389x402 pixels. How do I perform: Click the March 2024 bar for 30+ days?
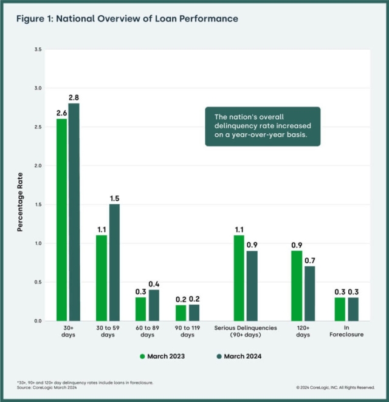coord(74,212)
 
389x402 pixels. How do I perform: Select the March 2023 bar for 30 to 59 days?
coord(102,278)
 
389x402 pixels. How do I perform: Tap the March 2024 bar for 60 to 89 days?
coord(154,305)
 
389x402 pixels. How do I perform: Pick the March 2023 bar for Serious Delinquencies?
coord(239,278)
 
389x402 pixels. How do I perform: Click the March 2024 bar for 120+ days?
coord(310,294)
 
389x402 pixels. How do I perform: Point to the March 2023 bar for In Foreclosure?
coord(340,309)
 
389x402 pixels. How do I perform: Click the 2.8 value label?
coord(74,98)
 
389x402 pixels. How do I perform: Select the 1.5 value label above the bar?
coord(114,198)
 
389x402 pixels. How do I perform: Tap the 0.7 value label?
coord(310,260)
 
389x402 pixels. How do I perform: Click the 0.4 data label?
coord(154,284)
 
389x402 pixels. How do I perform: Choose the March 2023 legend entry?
coord(162,356)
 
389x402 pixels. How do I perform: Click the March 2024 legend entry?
coord(239,356)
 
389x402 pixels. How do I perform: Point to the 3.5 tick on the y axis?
coord(38,49)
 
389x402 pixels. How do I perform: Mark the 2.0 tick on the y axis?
coord(38,165)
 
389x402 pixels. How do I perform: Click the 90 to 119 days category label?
coord(187,331)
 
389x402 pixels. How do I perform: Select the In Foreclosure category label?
coord(346,331)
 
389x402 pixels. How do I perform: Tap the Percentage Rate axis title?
coord(20,202)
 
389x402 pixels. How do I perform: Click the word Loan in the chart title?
coord(165,19)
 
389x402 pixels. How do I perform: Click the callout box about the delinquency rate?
coord(263,126)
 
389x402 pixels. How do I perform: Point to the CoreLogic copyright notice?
coord(336,387)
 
